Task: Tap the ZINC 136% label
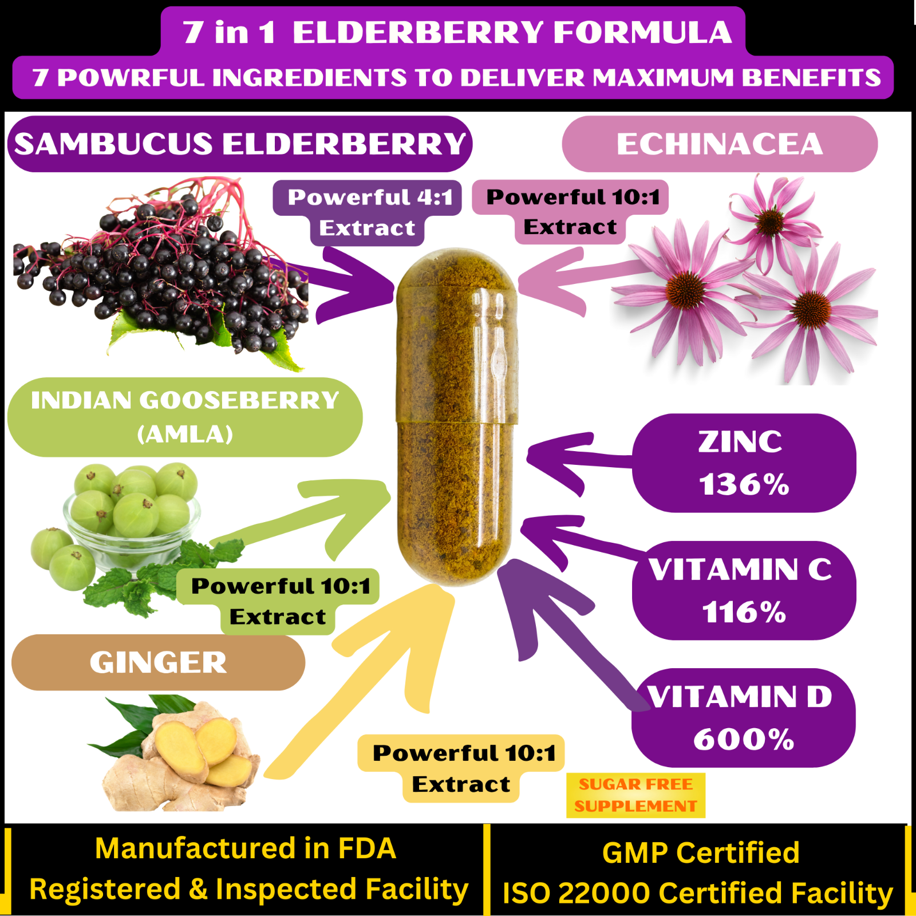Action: tap(744, 463)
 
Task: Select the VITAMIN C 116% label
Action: tap(744, 590)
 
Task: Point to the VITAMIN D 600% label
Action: tap(744, 717)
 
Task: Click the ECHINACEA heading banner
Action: tap(720, 144)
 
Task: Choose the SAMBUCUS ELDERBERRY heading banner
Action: tap(240, 144)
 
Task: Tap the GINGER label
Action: tap(158, 662)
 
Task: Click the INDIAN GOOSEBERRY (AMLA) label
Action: tap(185, 417)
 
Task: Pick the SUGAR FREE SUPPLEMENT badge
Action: tap(635, 795)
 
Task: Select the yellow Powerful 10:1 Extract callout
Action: tap(461, 768)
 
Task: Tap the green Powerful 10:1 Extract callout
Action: tap(278, 602)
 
